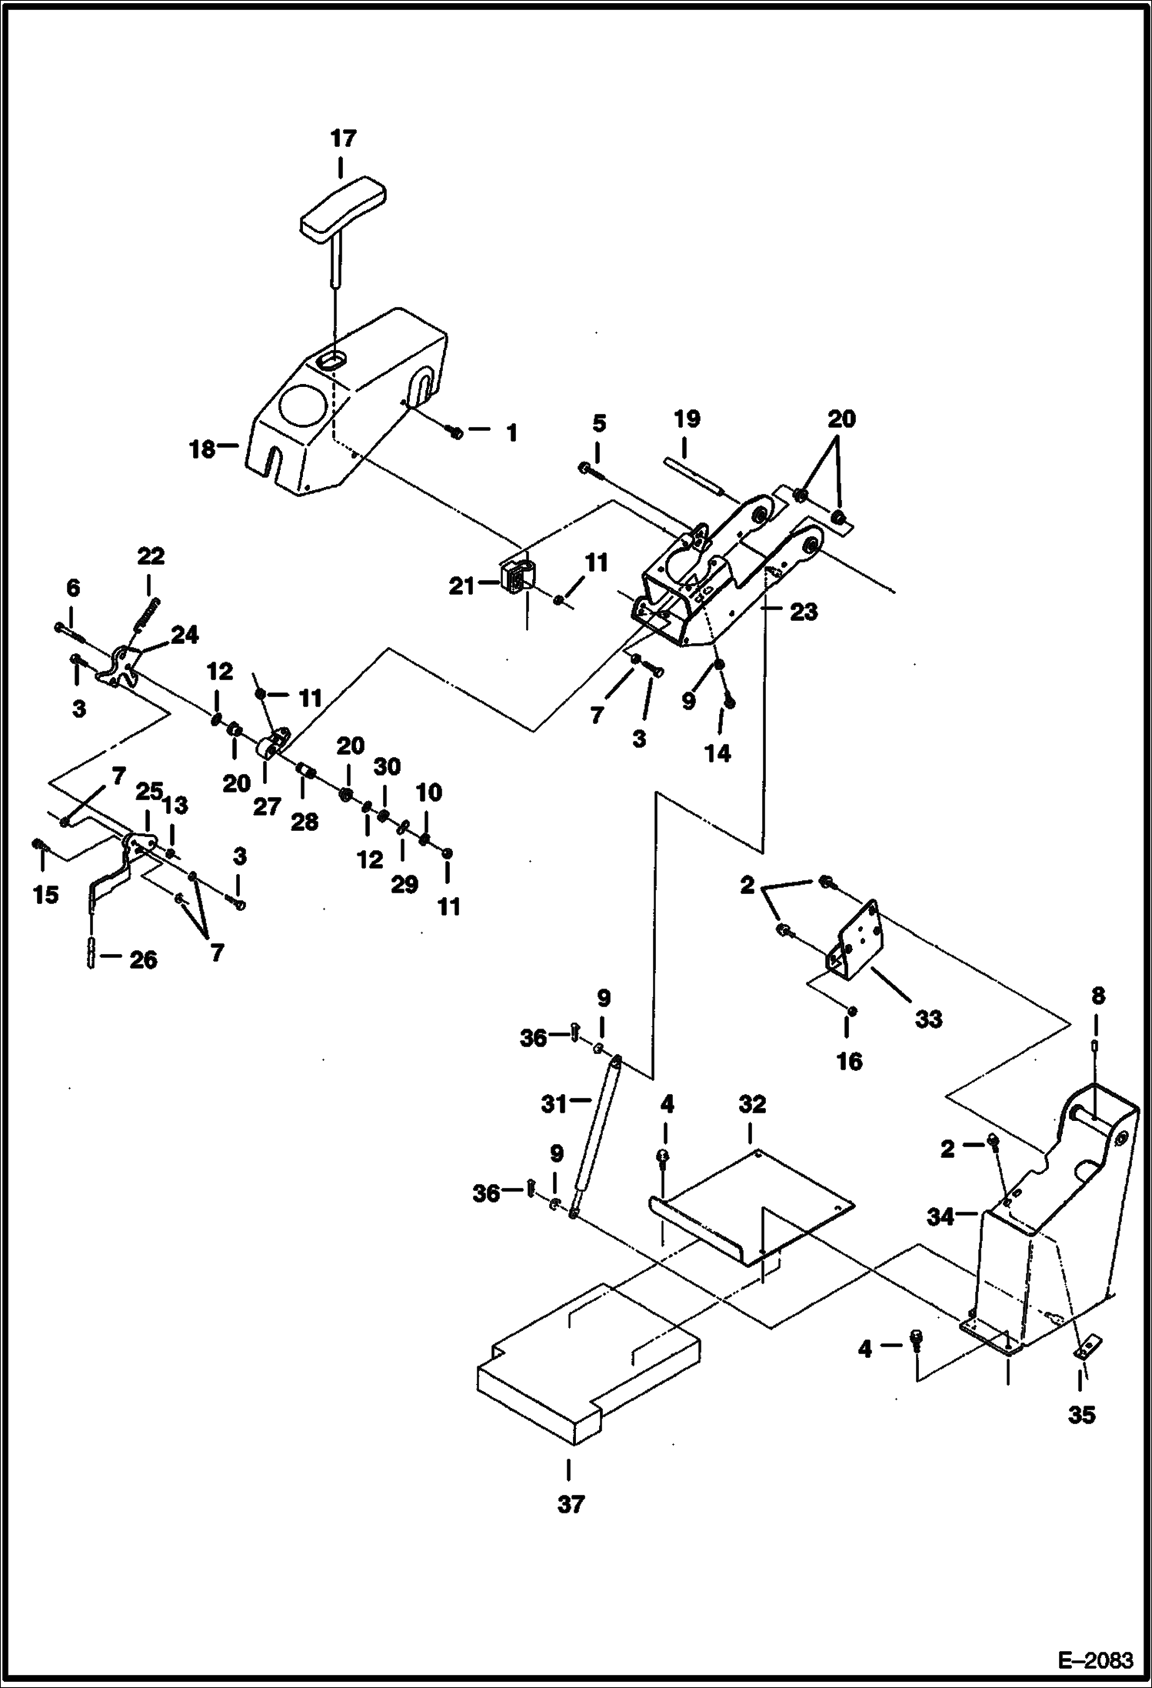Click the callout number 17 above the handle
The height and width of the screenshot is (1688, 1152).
[x=343, y=139]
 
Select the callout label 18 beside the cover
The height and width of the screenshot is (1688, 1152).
[x=202, y=449]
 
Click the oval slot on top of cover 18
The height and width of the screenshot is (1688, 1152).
[x=332, y=359]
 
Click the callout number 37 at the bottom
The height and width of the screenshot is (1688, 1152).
[x=571, y=1503]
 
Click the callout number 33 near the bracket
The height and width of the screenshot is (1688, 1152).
[x=928, y=1019]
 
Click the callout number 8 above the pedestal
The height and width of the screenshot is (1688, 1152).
[x=1097, y=996]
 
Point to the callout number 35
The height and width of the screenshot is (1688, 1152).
[x=1081, y=1415]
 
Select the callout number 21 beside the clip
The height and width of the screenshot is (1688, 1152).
[x=461, y=586]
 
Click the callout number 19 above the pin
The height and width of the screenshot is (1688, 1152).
[x=687, y=419]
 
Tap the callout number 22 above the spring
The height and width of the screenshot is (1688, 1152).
[x=150, y=555]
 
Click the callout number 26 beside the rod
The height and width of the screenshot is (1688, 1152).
[x=143, y=959]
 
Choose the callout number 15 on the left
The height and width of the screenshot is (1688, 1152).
[x=46, y=895]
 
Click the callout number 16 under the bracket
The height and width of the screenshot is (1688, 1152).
[x=849, y=1062]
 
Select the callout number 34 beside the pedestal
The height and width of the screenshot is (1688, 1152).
[x=940, y=1216]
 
